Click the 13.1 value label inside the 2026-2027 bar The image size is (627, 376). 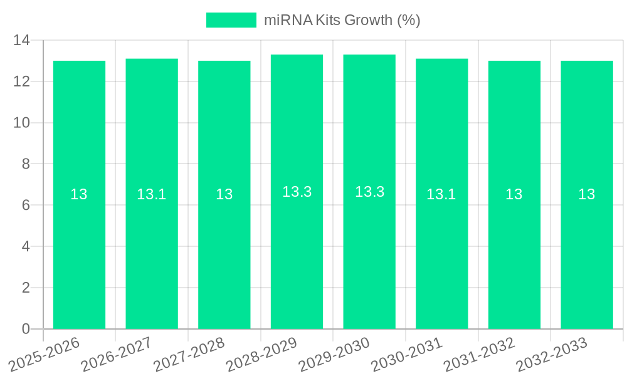pyautogui.click(x=152, y=194)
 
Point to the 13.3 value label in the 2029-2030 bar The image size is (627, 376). pyautogui.click(x=369, y=192)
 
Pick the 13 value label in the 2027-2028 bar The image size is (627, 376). pyautogui.click(x=224, y=194)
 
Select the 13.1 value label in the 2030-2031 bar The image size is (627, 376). pyautogui.click(x=441, y=194)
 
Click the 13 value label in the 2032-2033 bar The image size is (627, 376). pyautogui.click(x=587, y=194)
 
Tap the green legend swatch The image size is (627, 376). pyautogui.click(x=231, y=20)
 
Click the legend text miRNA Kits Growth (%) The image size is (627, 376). pyautogui.click(x=342, y=20)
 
